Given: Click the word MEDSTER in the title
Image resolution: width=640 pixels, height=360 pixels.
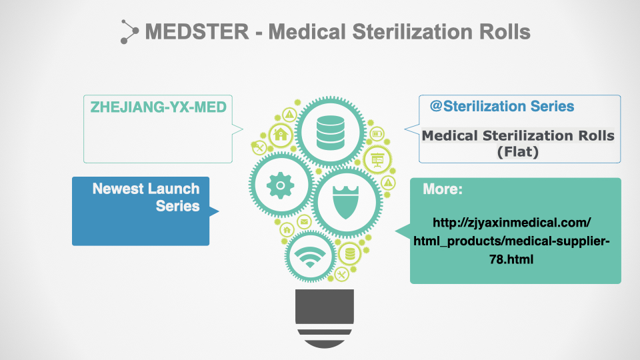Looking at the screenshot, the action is (197, 32).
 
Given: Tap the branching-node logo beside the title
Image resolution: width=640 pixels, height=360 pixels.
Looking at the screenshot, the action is (129, 31).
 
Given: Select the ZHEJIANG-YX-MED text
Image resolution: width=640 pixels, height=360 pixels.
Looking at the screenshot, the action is (159, 107).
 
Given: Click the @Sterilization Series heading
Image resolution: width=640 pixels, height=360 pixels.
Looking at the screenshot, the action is (501, 106).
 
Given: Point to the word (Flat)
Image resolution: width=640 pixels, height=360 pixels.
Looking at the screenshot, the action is (517, 152).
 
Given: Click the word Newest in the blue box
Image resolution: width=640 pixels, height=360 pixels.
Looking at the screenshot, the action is (118, 189).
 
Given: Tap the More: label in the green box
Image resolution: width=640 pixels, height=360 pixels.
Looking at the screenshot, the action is (443, 189).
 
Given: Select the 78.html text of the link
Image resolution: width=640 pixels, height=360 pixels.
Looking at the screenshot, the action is (511, 259).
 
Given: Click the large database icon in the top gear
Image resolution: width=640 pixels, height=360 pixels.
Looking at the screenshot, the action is (330, 132).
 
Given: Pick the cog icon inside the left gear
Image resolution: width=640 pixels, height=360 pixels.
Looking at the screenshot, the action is (280, 185).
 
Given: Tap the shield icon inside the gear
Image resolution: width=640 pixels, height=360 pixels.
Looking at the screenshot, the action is (346, 202).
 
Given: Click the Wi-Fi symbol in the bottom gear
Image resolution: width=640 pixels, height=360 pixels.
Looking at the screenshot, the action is (310, 257).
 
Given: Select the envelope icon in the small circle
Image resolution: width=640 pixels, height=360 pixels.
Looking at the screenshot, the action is (304, 221).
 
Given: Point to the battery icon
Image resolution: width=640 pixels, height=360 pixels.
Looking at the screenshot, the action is (377, 133).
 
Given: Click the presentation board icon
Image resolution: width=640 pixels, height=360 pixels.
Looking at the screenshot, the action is (377, 160).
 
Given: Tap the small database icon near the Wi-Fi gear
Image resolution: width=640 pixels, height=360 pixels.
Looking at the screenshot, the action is (350, 254).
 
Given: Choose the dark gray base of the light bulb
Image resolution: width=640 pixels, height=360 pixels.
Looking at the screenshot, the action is (325, 319).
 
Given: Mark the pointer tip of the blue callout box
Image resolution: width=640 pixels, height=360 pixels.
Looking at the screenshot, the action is (219, 211).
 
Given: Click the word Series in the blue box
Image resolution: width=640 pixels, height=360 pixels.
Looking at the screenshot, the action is (177, 206).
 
